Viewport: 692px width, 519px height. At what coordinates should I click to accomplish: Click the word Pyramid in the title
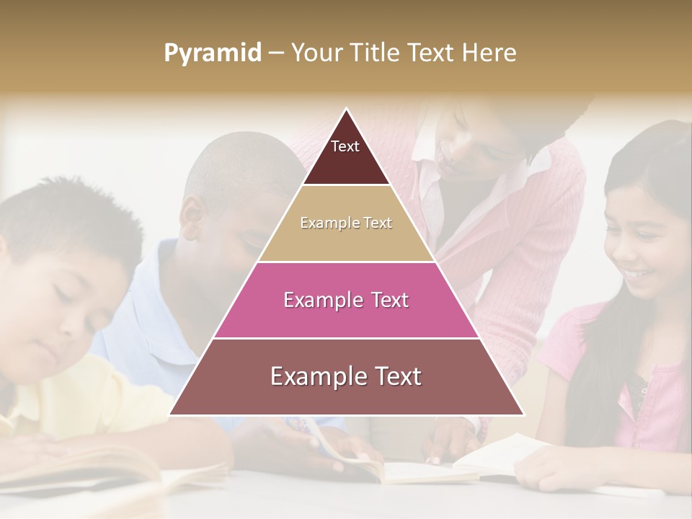(213, 53)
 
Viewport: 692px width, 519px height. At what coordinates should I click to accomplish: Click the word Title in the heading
(377, 53)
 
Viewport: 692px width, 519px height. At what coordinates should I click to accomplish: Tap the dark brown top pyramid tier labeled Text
(346, 155)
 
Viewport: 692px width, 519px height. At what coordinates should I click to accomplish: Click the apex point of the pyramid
(347, 109)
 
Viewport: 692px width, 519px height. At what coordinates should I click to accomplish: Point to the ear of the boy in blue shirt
(192, 214)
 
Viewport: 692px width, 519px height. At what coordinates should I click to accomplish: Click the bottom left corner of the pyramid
(170, 414)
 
